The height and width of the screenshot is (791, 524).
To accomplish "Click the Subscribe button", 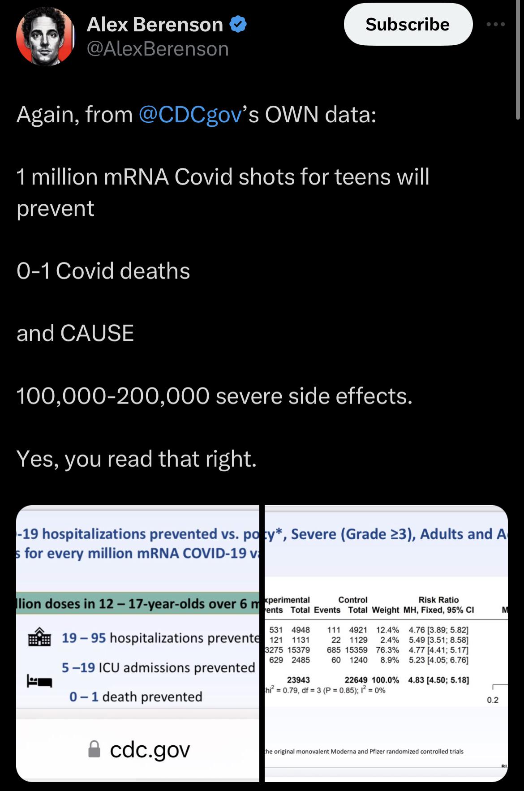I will click(408, 24).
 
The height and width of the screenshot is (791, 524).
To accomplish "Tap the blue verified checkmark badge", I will click(238, 24).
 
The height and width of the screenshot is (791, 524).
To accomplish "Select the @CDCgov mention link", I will click(190, 115).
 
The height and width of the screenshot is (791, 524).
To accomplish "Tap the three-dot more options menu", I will click(496, 24).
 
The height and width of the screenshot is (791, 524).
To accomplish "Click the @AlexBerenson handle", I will click(157, 49).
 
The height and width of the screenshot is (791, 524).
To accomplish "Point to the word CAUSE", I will click(97, 333).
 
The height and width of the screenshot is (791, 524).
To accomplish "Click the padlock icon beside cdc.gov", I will click(94, 749).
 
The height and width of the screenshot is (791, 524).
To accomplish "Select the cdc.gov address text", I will click(150, 749).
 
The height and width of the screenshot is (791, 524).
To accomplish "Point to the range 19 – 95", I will click(84, 637).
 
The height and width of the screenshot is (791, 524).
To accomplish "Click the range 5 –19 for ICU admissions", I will click(78, 667).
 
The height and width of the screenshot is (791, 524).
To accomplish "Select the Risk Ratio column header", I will click(438, 600).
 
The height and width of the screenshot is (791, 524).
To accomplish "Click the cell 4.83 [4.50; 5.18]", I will click(438, 680).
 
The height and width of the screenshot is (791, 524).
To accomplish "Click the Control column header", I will click(352, 600).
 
